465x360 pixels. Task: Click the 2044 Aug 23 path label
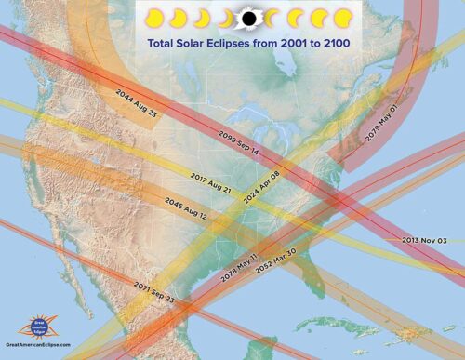tap(137, 103)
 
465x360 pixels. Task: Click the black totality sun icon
tap(248, 17)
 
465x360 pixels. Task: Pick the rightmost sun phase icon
tap(343, 18)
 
